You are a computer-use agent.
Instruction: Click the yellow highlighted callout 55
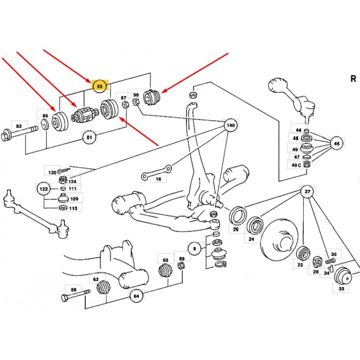(x=100, y=85)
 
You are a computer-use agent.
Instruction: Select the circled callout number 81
(x=89, y=136)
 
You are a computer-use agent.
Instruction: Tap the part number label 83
(x=18, y=126)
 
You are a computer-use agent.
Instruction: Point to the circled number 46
(x=336, y=143)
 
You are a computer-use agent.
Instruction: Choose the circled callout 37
(x=307, y=193)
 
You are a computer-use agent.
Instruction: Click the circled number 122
(x=44, y=189)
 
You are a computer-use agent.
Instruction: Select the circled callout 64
(x=136, y=296)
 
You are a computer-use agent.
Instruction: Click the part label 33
(x=342, y=288)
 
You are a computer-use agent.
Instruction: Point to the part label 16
(x=158, y=179)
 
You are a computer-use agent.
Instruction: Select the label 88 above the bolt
(x=73, y=290)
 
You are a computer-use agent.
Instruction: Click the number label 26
(x=236, y=229)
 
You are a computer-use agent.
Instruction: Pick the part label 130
(x=53, y=172)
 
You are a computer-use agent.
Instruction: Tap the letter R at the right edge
(x=353, y=79)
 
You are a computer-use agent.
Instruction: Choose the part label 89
(x=182, y=259)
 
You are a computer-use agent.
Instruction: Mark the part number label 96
(x=136, y=95)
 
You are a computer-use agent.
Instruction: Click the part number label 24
(x=252, y=239)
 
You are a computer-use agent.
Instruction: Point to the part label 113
(x=73, y=208)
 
